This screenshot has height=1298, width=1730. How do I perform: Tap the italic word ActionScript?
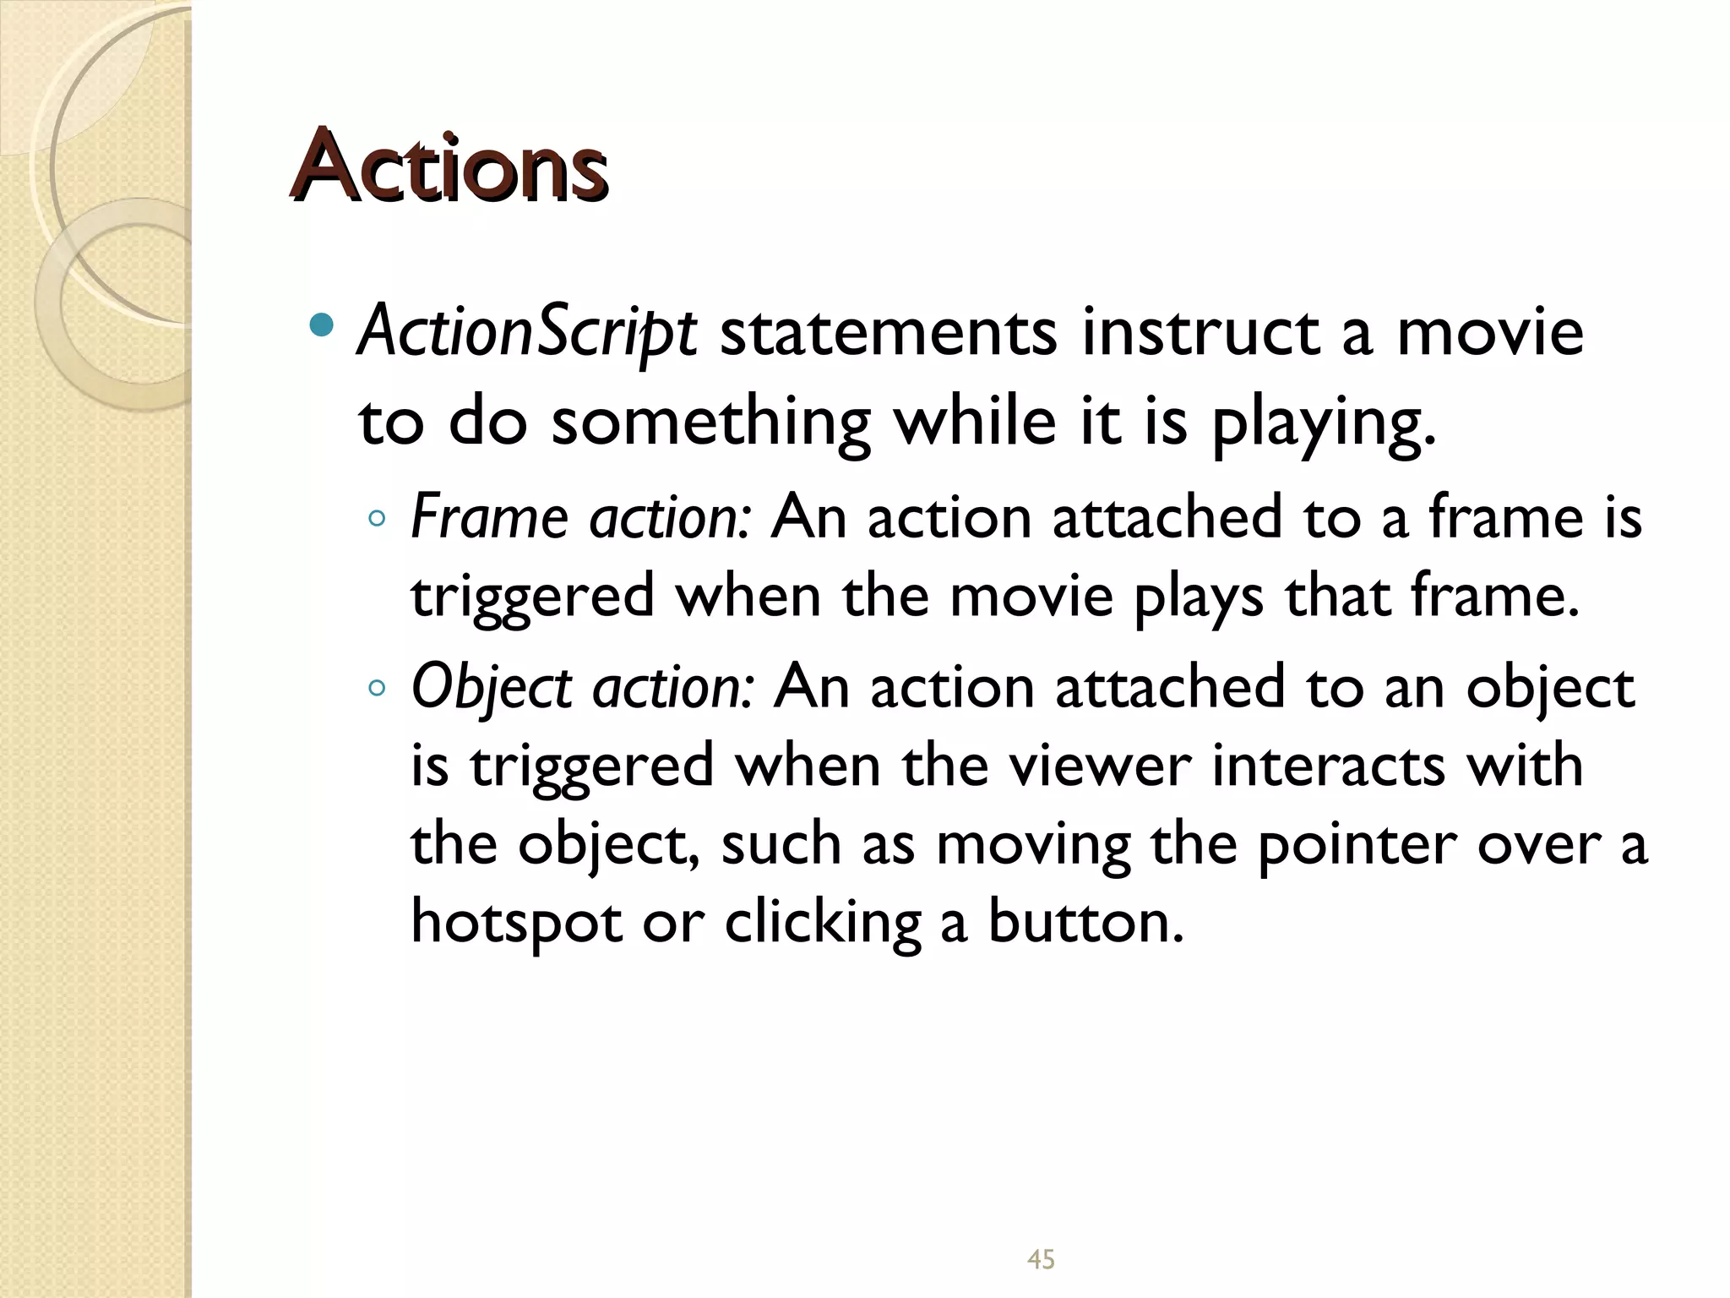527,332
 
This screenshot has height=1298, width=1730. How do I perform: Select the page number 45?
1041,1260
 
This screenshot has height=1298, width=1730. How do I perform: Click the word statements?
888,332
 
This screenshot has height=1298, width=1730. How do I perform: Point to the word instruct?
1200,332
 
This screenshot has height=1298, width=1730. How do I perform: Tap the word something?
710,422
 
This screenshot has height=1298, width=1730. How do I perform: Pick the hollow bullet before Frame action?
378,519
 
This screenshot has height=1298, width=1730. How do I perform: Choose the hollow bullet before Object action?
378,689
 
